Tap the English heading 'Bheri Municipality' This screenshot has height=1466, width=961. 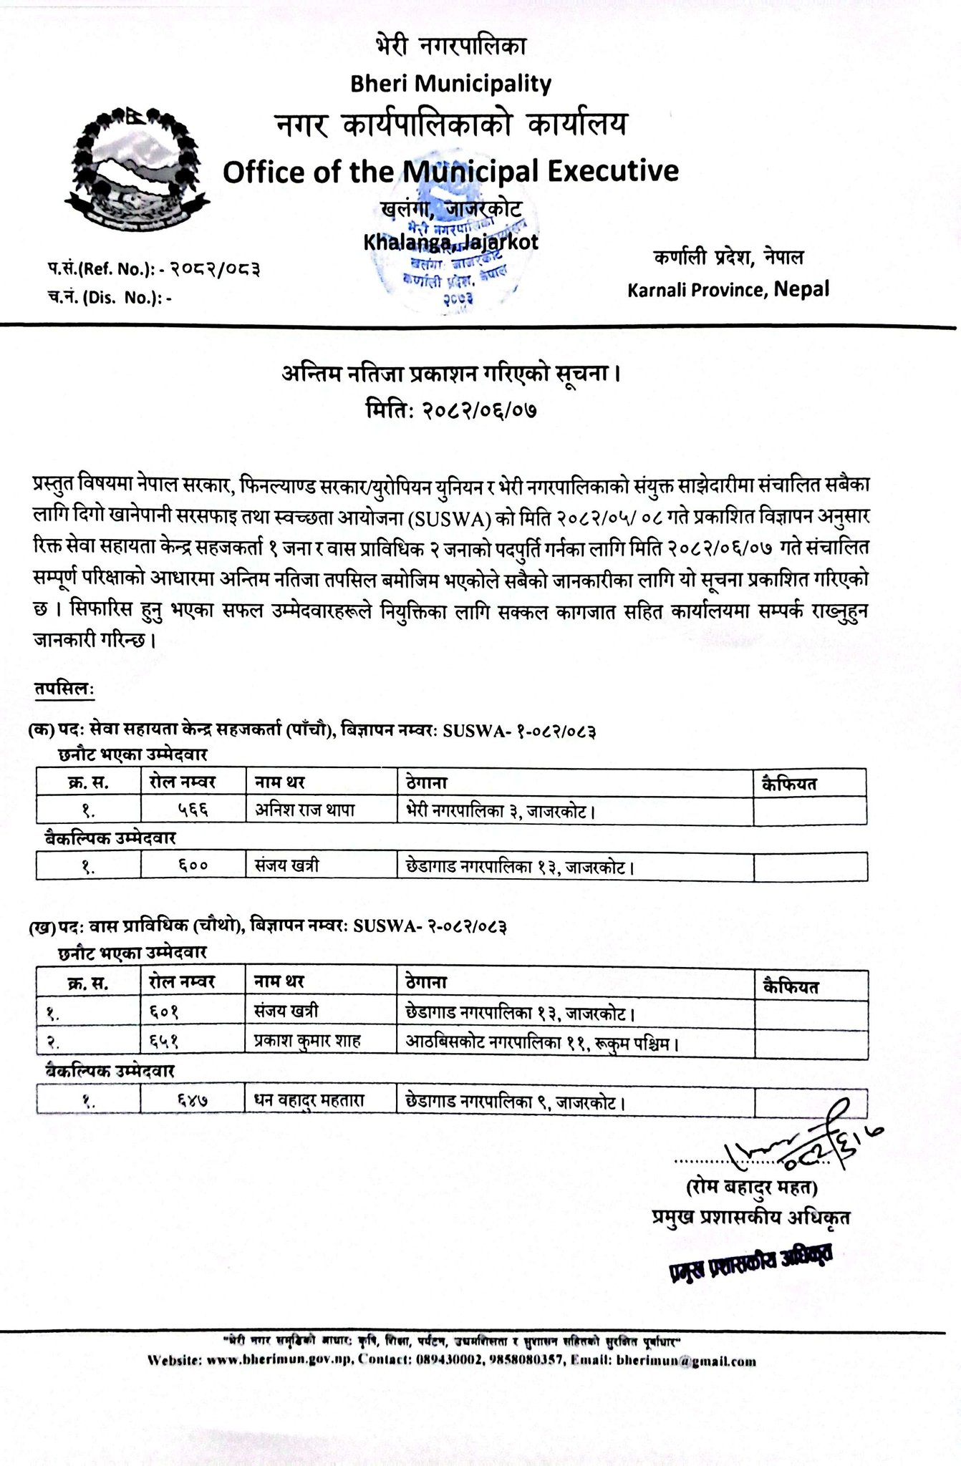(450, 84)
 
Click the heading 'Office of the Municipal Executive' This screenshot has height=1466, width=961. (450, 171)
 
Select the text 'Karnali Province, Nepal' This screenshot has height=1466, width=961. (728, 289)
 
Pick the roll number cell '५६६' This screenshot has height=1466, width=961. (190, 810)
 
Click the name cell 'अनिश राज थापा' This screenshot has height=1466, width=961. (305, 810)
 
